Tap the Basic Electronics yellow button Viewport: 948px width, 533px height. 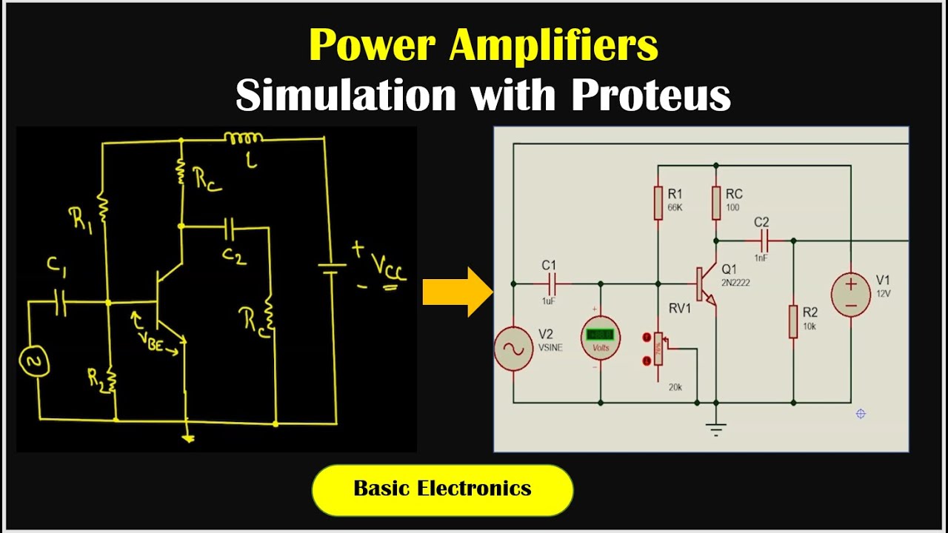pyautogui.click(x=442, y=489)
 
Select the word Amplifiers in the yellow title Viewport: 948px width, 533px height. pyautogui.click(x=553, y=45)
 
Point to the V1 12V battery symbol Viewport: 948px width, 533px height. pyautogui.click(x=851, y=295)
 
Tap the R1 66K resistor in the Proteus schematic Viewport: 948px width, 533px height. pyautogui.click(x=658, y=203)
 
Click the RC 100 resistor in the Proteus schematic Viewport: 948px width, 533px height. pyautogui.click(x=716, y=203)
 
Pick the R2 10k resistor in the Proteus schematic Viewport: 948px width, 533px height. pyautogui.click(x=793, y=321)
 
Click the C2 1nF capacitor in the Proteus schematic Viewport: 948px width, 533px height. pyautogui.click(x=763, y=241)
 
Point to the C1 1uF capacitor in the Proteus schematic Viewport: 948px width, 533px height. pyautogui.click(x=553, y=283)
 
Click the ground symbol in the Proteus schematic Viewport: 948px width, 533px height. pyautogui.click(x=716, y=427)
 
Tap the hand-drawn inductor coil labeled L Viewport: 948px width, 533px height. pyautogui.click(x=244, y=138)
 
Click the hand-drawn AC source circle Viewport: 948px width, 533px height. pyautogui.click(x=33, y=361)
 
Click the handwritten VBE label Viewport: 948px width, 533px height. pyautogui.click(x=156, y=340)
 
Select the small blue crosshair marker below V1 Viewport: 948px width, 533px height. pyautogui.click(x=861, y=414)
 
